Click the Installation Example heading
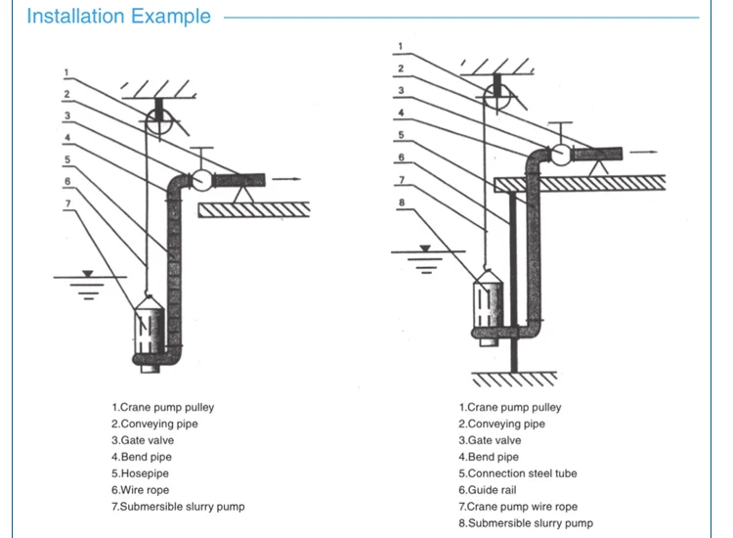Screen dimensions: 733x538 pyautogui.click(x=118, y=17)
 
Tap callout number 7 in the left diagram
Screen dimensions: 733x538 pyautogui.click(x=68, y=203)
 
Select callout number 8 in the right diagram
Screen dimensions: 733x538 pyautogui.click(x=402, y=202)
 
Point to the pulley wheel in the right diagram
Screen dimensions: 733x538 pyautogui.click(x=496, y=97)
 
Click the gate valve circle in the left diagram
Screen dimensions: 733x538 pyautogui.click(x=202, y=180)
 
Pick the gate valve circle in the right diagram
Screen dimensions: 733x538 pyautogui.click(x=561, y=155)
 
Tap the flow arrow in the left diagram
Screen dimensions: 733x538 pyautogui.click(x=286, y=179)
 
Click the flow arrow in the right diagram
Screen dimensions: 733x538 pyautogui.click(x=643, y=152)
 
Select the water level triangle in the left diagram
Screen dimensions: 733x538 pyautogui.click(x=87, y=274)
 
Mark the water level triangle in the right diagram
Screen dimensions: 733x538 pyautogui.click(x=425, y=248)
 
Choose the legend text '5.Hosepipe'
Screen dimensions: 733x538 pyautogui.click(x=140, y=473)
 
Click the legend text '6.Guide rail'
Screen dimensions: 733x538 pyautogui.click(x=487, y=490)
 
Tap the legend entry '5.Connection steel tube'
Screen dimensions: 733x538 pyautogui.click(x=517, y=473)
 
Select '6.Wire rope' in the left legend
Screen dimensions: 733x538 pyautogui.click(x=140, y=490)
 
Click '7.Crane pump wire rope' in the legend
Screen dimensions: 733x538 pyautogui.click(x=518, y=506)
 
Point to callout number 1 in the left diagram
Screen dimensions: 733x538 pyautogui.click(x=66, y=72)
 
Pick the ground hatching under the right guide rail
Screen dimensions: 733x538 pyautogui.click(x=514, y=379)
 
